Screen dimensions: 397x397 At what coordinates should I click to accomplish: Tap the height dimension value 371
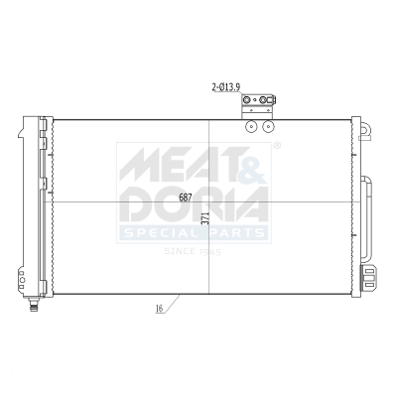(204, 220)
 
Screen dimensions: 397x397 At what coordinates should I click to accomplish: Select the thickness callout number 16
(159, 310)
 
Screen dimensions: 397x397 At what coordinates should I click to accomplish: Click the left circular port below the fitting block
(253, 126)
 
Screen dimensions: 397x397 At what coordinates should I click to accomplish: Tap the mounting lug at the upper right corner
(364, 129)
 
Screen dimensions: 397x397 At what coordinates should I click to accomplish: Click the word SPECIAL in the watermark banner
(159, 234)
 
